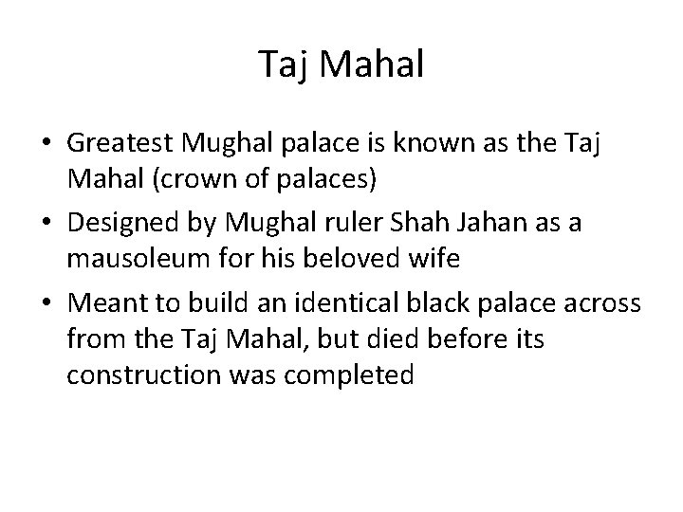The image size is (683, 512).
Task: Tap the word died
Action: click(398, 338)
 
